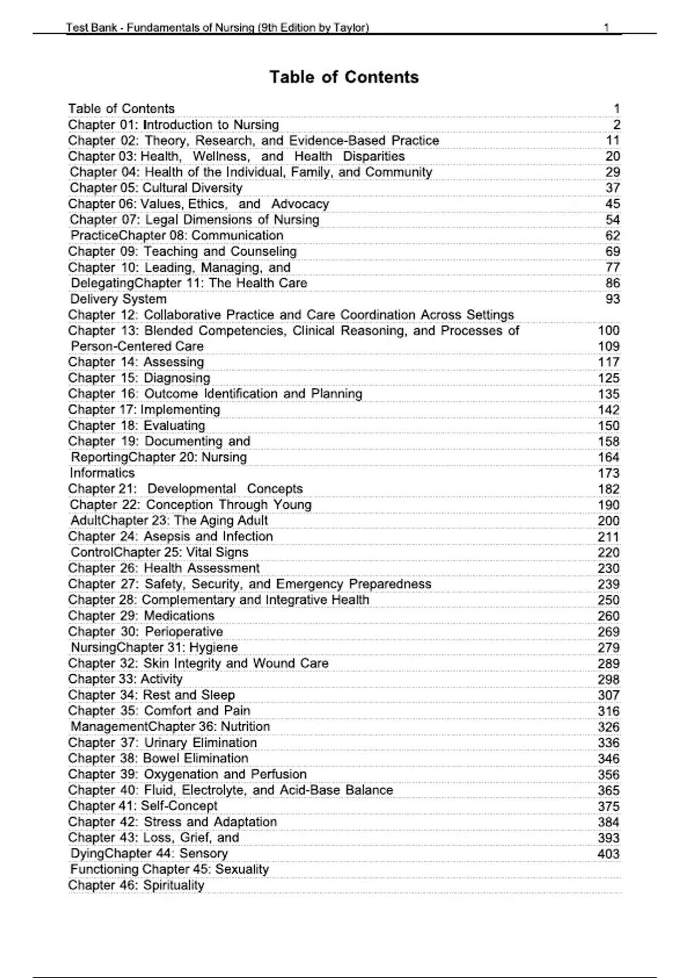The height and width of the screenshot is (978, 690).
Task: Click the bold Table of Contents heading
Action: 344,77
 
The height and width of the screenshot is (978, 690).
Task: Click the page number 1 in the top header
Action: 607,27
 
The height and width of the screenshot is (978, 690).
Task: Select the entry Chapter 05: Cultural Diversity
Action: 156,188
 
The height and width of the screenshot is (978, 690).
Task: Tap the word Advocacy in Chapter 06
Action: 300,204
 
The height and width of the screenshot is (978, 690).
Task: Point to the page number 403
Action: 608,854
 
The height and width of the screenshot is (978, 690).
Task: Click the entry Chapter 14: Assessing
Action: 136,362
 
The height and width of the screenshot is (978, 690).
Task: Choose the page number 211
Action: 608,537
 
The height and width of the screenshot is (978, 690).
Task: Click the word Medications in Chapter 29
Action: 179,616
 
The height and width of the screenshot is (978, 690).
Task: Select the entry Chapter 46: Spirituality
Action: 136,885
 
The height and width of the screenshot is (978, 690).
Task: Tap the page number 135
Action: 608,394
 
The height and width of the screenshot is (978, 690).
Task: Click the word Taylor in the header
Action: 351,27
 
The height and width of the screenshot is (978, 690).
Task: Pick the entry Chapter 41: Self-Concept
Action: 143,806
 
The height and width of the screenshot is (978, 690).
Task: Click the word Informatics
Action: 102,473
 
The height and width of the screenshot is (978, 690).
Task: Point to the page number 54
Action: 612,220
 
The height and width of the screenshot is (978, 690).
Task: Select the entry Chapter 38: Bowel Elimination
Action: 158,758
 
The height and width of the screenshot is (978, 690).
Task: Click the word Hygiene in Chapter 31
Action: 213,647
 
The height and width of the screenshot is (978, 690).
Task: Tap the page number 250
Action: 608,600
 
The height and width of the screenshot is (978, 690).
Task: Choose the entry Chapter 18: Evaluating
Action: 136,426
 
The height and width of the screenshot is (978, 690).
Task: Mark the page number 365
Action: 608,790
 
